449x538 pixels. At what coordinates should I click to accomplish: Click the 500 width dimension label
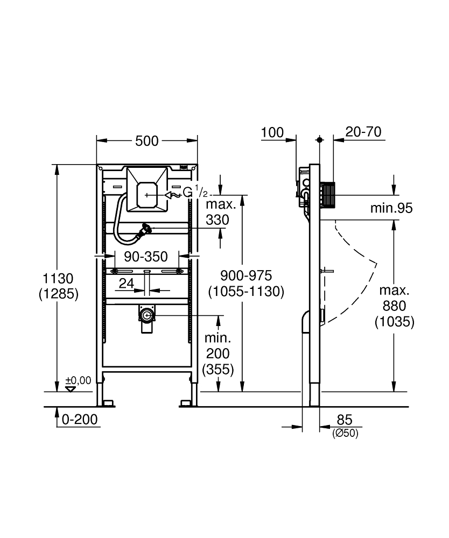click(x=147, y=141)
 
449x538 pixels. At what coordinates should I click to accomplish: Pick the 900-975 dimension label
click(x=245, y=276)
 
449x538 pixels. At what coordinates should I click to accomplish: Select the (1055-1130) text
click(x=245, y=291)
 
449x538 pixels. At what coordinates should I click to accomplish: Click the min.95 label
click(x=391, y=208)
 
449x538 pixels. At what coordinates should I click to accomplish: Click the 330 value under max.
click(x=217, y=220)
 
